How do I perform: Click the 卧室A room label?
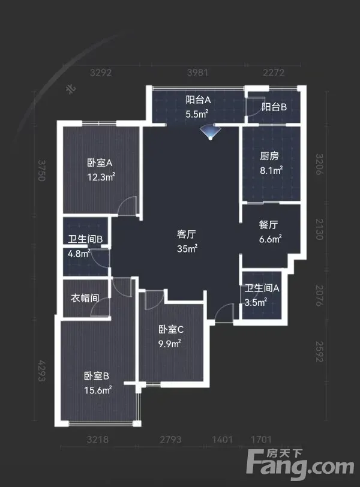[100, 163]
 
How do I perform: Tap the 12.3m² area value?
[101, 177]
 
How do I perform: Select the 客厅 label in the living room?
[187, 234]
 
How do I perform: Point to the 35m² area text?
[187, 248]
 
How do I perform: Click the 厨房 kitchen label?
[269, 156]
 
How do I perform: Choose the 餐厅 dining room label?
[268, 224]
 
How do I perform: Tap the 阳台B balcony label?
[274, 107]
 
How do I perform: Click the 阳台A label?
[198, 100]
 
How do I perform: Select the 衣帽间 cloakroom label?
[85, 298]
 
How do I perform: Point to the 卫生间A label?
[262, 288]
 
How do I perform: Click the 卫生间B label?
[85, 239]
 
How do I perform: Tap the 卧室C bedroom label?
[171, 329]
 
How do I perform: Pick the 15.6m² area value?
[98, 390]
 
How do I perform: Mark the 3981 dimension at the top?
[197, 73]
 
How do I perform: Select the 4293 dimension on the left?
[42, 371]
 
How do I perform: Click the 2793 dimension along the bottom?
[170, 440]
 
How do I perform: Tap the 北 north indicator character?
[71, 89]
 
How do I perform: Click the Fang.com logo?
[300, 464]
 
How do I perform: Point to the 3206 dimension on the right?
[320, 164]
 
